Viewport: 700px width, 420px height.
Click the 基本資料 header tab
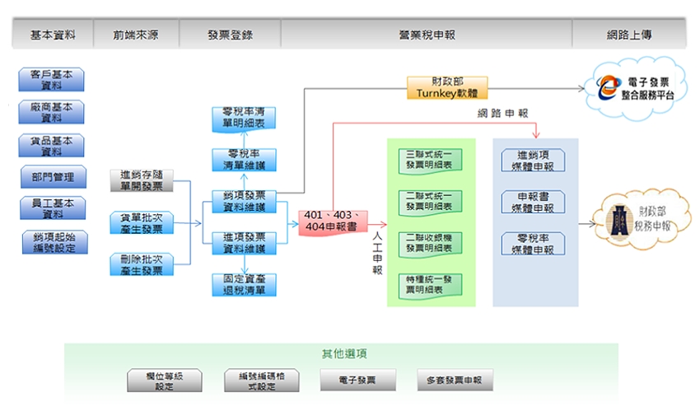53,35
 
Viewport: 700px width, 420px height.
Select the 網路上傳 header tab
629,35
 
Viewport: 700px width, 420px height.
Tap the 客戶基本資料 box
52,80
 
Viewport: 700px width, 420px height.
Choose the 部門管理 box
53,176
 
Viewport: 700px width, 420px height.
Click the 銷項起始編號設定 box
54,242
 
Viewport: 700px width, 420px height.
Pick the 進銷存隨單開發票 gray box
141,180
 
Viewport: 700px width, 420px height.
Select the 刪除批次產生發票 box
141,264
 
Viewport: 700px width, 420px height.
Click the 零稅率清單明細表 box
244,118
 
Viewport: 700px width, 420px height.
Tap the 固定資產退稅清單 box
244,285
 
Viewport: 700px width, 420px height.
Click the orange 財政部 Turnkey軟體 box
447,87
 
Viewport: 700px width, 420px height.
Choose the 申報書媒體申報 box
534,203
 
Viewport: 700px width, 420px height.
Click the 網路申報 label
502,114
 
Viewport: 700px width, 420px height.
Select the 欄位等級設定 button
164,380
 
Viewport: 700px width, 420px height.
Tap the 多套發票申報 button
455,380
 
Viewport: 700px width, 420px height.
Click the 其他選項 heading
344,354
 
